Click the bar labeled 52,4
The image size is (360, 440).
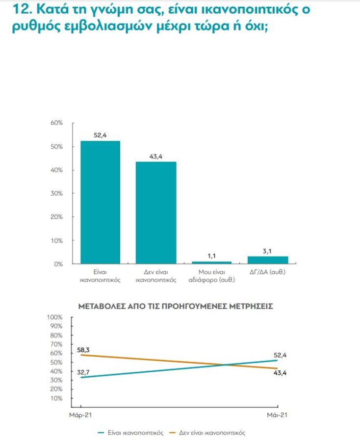point(100,202)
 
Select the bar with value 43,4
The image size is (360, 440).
point(156,212)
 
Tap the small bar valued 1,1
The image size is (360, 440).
point(211,262)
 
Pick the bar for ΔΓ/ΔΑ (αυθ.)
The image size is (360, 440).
point(267,259)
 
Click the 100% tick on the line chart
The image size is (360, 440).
point(56,317)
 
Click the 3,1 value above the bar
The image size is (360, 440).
point(267,251)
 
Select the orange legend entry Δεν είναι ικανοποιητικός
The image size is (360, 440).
point(206,433)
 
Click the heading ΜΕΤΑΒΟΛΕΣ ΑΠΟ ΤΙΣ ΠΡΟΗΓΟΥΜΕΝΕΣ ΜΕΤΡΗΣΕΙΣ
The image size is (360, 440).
point(176,306)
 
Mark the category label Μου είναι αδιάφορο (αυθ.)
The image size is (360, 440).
point(211,276)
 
